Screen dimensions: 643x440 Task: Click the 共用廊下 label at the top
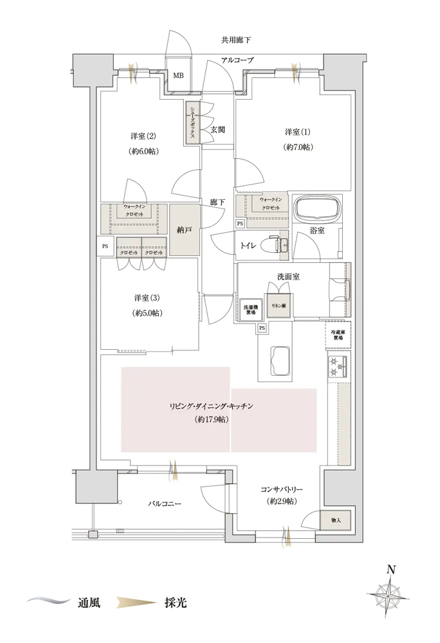(x=236, y=41)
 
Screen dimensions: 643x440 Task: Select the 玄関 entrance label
(x=217, y=129)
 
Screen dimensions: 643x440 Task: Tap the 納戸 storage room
(x=184, y=229)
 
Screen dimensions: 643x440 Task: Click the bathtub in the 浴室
(x=316, y=210)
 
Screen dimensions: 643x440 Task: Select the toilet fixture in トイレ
(x=279, y=245)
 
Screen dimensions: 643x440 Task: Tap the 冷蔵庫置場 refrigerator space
(x=338, y=334)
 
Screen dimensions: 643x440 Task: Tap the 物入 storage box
(x=336, y=519)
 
